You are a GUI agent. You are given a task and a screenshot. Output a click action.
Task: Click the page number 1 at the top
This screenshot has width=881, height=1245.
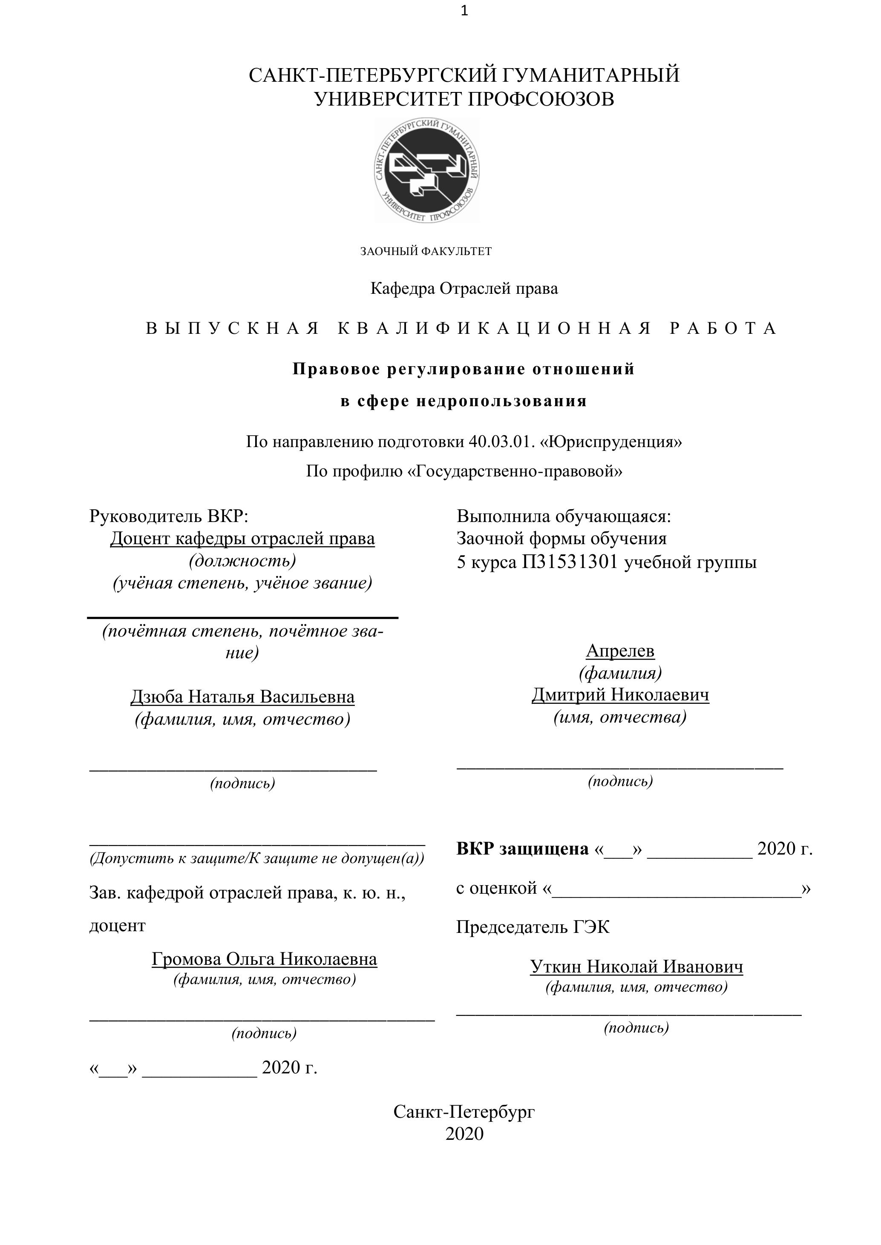464,11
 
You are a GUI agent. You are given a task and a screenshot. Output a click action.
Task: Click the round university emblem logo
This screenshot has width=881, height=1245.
427,170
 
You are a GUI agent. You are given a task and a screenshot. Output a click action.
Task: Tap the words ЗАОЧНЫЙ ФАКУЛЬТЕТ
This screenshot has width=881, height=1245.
426,251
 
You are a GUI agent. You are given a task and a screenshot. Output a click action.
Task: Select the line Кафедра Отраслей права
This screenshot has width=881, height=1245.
464,289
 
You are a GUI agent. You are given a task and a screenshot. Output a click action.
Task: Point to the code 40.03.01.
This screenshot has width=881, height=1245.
502,442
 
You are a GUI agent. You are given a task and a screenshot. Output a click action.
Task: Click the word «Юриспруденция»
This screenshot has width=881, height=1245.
611,442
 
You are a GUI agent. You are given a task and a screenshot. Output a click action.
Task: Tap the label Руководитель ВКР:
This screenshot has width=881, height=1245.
169,516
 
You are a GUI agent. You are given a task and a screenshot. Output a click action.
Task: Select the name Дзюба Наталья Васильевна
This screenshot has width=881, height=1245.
242,697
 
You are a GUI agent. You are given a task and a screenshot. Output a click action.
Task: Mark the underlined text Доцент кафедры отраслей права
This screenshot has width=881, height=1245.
242,539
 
